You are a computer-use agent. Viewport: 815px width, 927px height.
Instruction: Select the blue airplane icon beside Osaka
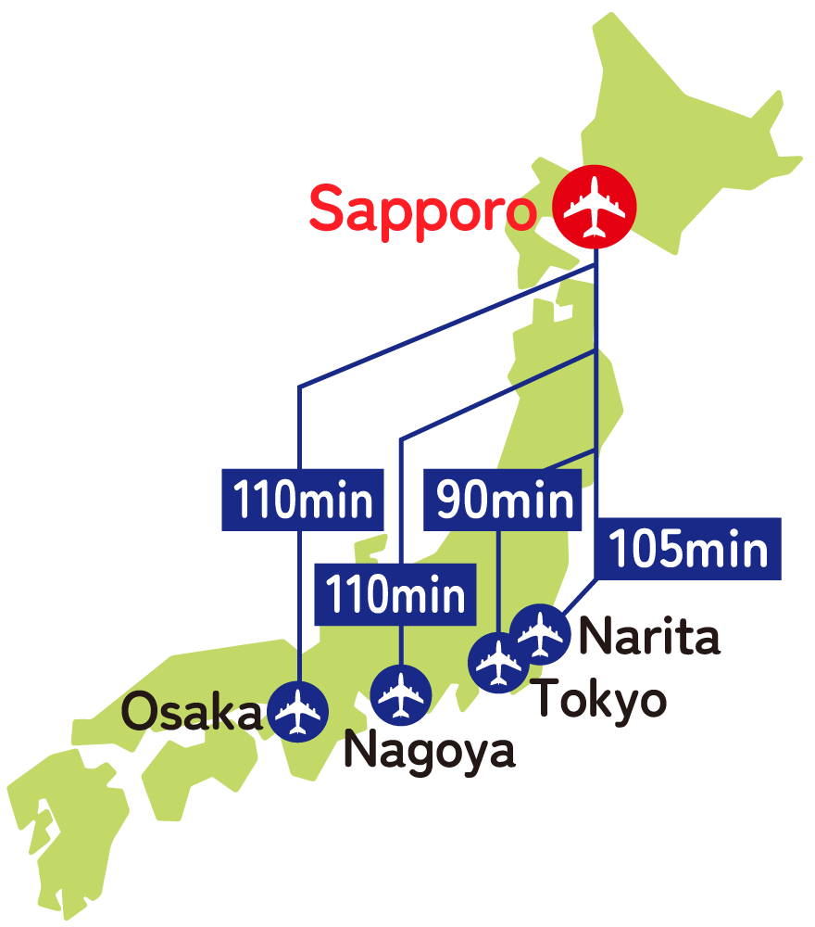click(297, 710)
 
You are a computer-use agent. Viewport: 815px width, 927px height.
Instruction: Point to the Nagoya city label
click(429, 751)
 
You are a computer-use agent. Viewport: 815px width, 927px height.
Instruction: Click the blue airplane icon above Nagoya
click(400, 695)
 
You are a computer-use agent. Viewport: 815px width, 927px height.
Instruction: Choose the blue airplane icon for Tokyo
click(499, 662)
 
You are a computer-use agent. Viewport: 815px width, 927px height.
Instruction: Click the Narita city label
click(648, 638)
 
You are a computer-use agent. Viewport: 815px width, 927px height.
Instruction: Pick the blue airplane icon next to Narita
click(540, 634)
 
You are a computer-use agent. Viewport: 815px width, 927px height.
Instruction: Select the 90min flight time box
click(503, 501)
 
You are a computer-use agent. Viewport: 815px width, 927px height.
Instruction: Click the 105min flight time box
click(688, 550)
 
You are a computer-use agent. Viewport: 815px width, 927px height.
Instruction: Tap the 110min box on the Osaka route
click(303, 501)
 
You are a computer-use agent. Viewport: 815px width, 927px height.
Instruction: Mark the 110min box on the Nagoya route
click(395, 594)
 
